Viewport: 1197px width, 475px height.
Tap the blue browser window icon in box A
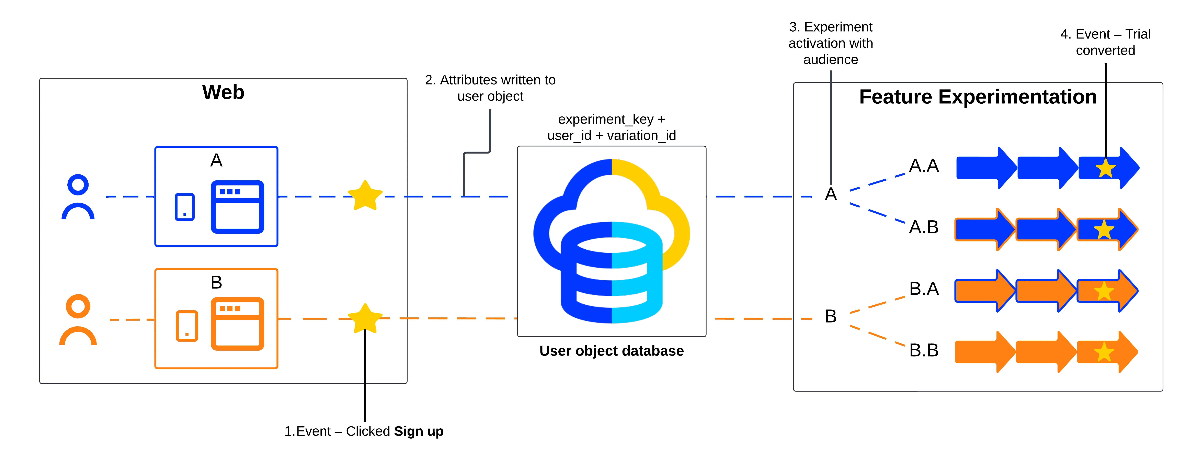pyautogui.click(x=237, y=207)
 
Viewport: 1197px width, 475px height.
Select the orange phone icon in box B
pyautogui.click(x=187, y=326)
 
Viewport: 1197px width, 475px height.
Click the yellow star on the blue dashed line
pyautogui.click(x=365, y=196)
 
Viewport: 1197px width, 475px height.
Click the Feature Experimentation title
pyautogui.click(x=978, y=97)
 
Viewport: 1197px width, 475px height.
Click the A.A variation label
pyautogui.click(x=924, y=166)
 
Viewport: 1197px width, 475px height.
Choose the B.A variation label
pyautogui.click(x=924, y=289)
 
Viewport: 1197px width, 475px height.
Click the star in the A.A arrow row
pyautogui.click(x=1105, y=168)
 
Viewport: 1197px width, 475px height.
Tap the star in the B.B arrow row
pyautogui.click(x=1104, y=352)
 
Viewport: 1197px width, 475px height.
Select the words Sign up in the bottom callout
pyautogui.click(x=419, y=431)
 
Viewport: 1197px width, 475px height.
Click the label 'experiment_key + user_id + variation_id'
pyautogui.click(x=612, y=127)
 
